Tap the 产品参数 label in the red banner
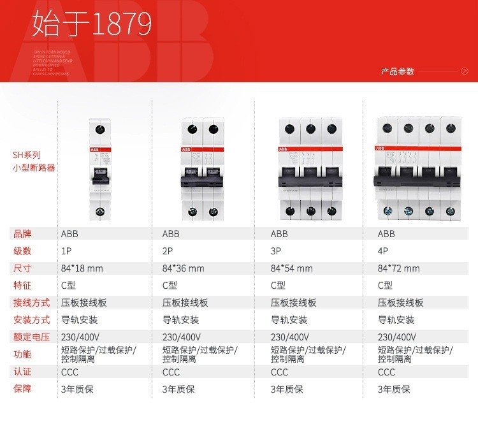coord(398,71)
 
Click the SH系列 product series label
coord(27,155)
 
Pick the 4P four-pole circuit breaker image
coord(418,168)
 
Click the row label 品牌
coord(22,234)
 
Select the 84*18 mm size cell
coord(82,268)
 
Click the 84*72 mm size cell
coord(399,268)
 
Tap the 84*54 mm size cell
coord(292,268)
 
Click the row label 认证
coord(22,372)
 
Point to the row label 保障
coord(22,389)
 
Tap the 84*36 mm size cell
coord(184,268)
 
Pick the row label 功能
coord(22,354)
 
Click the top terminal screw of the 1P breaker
coord(98,129)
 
